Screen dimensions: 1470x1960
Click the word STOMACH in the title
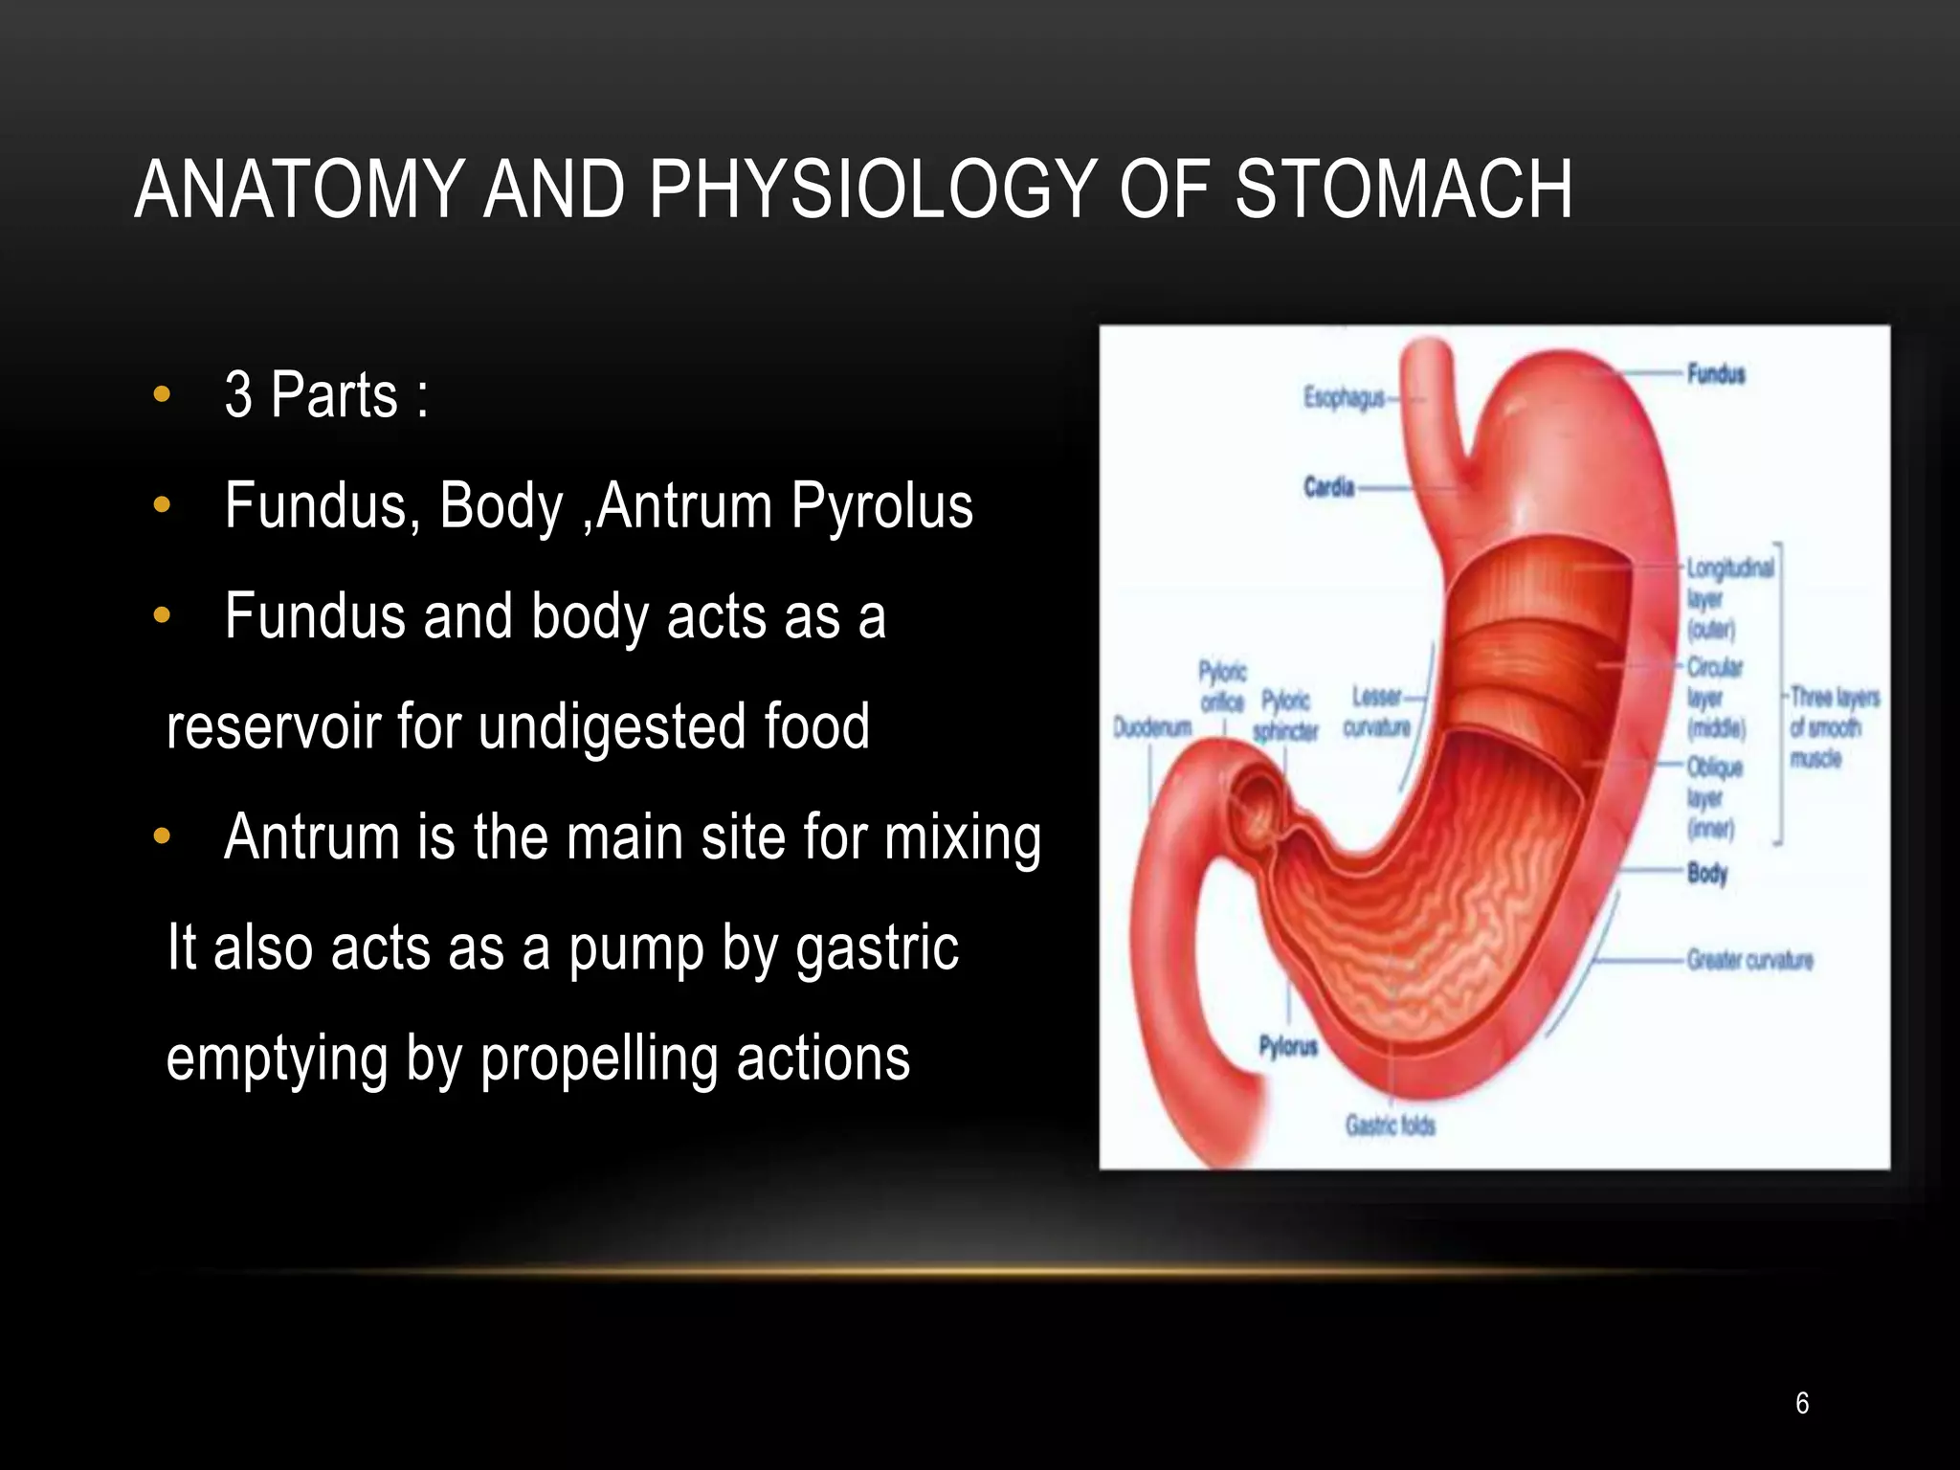pos(1403,189)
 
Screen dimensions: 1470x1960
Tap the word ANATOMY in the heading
pos(300,189)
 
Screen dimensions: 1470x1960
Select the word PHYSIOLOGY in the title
pos(873,189)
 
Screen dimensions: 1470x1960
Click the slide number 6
pos(1802,1403)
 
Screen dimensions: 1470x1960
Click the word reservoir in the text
pos(273,726)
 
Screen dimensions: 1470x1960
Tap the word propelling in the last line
pos(599,1058)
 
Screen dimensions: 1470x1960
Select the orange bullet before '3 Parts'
pos(162,393)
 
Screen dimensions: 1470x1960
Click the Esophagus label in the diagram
pos(1344,398)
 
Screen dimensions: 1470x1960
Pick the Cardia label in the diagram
pos(1328,488)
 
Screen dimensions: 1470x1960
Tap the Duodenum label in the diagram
pos(1152,728)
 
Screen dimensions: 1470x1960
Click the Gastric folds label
pos(1390,1125)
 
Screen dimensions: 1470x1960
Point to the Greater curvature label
pos(1749,960)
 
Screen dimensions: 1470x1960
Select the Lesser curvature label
pos(1376,712)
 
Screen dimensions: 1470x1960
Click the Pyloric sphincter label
pos(1285,716)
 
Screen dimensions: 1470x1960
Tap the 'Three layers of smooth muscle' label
pos(1832,727)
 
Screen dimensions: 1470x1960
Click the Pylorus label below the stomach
pos(1288,1047)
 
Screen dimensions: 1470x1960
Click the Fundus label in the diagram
pos(1716,374)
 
